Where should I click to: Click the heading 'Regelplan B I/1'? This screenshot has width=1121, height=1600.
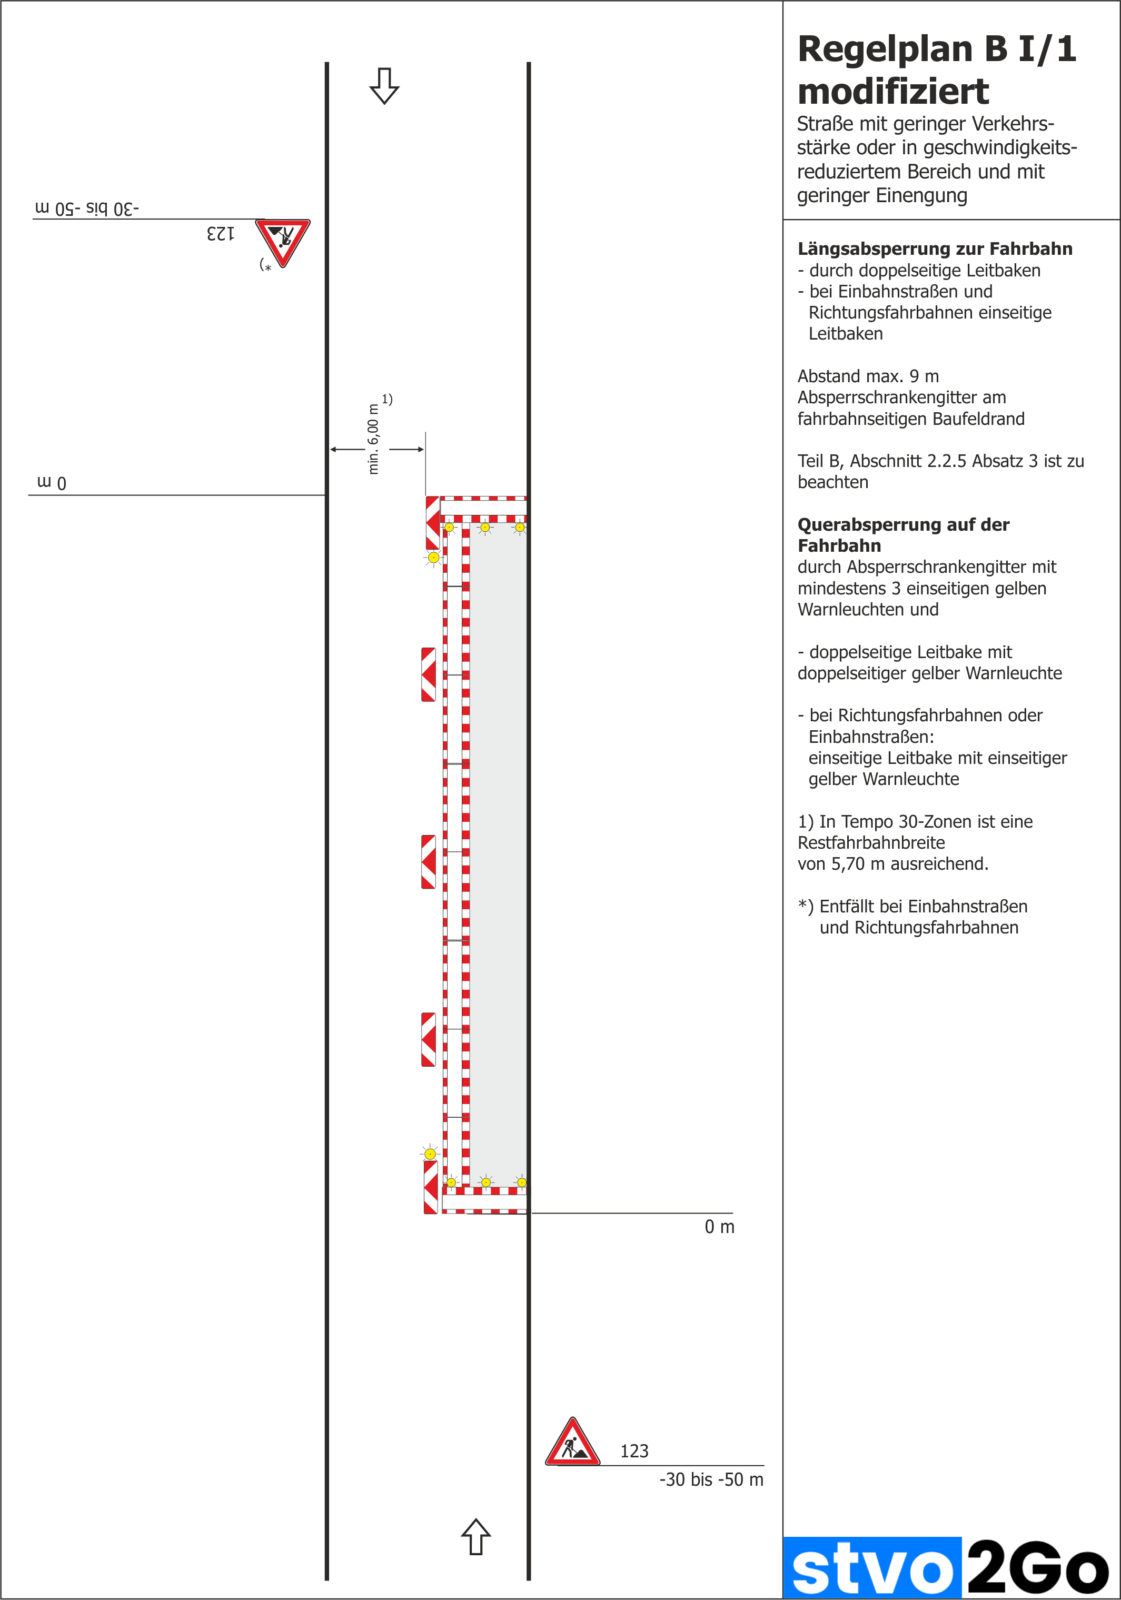point(936,49)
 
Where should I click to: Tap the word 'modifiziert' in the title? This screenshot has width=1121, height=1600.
point(893,91)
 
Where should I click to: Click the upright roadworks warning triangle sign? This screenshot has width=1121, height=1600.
point(572,1443)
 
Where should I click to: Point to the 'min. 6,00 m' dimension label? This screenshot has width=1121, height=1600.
point(374,439)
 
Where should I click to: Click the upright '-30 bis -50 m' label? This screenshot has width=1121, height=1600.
point(711,1479)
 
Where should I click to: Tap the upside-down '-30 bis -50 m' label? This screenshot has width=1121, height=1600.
point(87,208)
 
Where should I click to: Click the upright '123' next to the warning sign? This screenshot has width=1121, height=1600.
point(634,1451)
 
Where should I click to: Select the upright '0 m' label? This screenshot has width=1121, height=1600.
point(719,1227)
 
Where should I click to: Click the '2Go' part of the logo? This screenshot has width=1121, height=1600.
point(1038,1568)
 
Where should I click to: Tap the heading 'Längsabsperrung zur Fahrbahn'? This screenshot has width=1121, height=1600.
point(935,249)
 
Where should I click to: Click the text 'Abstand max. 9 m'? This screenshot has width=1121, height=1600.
point(868,376)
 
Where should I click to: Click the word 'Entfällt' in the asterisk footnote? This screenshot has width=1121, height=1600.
point(848,907)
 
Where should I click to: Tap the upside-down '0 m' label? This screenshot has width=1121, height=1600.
point(52,482)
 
